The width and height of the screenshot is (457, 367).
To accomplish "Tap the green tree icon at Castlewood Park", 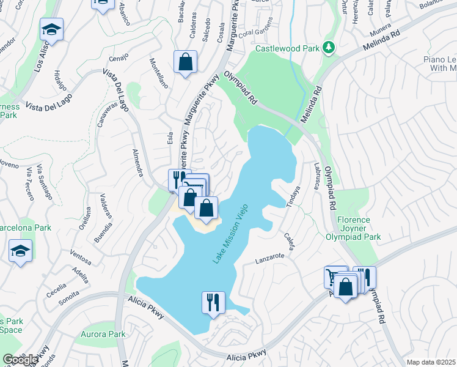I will tap(329, 47).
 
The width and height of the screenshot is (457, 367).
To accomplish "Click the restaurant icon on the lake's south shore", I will tap(213, 302).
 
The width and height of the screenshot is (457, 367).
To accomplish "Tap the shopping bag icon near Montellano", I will tap(185, 62).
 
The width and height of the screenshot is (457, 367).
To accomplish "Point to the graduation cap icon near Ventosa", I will tap(21, 251).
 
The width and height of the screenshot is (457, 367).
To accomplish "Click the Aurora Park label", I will tap(103, 334).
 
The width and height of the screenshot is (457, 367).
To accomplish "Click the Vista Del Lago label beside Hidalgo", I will tap(48, 101).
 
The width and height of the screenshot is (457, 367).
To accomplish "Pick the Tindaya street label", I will tap(293, 198).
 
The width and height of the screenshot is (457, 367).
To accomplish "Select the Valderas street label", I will tap(104, 207).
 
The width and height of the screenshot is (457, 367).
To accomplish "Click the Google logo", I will tap(20, 360).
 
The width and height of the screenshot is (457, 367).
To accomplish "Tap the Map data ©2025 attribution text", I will tap(431, 362).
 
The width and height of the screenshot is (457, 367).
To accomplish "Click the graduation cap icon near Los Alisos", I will tap(52, 30).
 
